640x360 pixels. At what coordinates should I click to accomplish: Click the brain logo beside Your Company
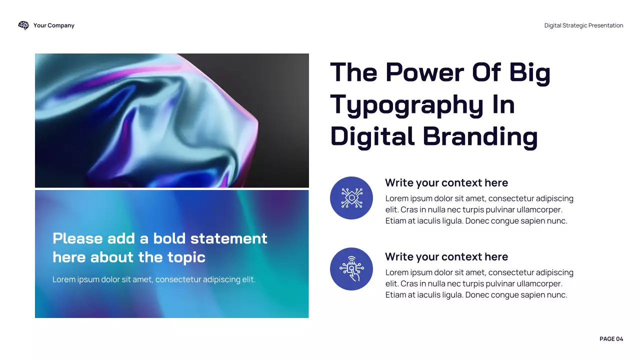[x=23, y=25]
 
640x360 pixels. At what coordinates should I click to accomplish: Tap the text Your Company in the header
[x=54, y=25]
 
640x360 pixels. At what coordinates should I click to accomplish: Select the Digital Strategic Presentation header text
[x=583, y=25]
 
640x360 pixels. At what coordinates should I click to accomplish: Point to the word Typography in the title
[x=405, y=105]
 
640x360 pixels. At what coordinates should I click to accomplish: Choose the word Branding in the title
[x=480, y=136]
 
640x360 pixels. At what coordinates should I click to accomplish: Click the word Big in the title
[x=530, y=72]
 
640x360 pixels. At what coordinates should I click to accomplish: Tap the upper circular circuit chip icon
[x=351, y=198]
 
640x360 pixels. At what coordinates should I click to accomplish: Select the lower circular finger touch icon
[x=351, y=269]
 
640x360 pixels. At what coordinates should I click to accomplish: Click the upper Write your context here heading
[x=446, y=183]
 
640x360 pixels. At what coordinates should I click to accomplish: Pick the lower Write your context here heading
[x=446, y=257]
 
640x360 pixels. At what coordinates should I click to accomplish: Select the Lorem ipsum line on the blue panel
[x=154, y=279]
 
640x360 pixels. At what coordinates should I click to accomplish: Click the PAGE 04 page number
[x=611, y=339]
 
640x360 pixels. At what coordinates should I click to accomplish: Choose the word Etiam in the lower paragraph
[x=397, y=295]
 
